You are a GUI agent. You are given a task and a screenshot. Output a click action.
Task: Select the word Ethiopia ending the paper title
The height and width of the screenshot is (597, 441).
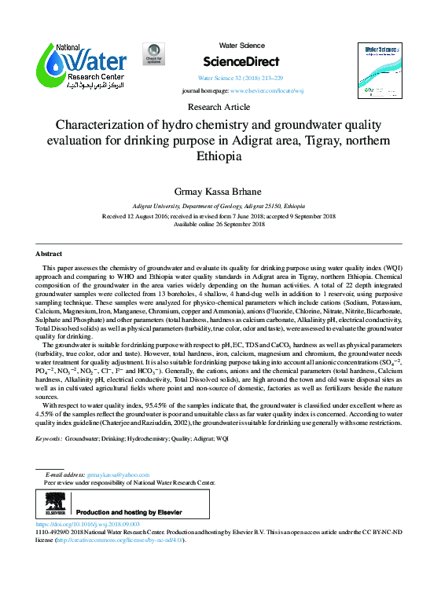click(220, 156)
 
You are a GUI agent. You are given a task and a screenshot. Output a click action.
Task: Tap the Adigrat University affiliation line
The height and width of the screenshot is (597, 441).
click(220, 203)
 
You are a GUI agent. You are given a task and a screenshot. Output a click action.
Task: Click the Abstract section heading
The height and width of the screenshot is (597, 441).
click(49, 255)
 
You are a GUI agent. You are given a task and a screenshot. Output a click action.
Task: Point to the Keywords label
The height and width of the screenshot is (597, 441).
click(49, 438)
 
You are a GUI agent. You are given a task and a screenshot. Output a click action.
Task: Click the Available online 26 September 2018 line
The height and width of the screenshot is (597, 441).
click(220, 224)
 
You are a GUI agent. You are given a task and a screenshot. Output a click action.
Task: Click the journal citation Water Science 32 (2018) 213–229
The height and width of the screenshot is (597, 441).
click(241, 79)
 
